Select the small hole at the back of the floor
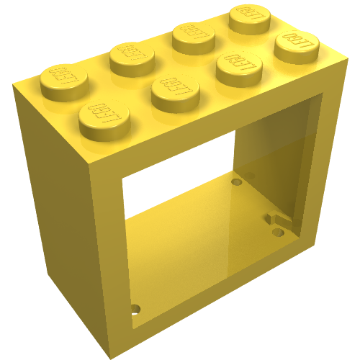[x=235, y=183]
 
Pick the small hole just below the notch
[x=277, y=232]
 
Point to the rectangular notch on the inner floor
[x=276, y=217]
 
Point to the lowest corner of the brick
[x=109, y=356]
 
